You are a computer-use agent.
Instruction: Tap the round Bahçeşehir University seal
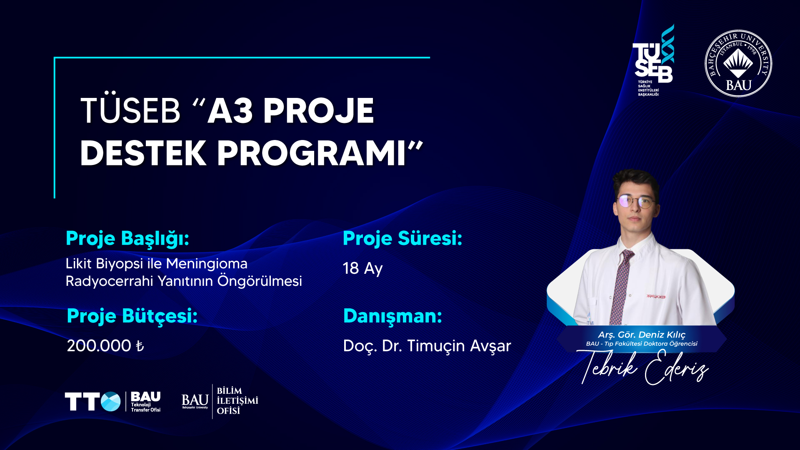tap(738, 63)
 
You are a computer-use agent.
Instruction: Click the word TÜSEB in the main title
tap(130, 110)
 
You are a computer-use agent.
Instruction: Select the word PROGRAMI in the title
tap(311, 153)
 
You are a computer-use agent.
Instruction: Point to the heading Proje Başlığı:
tap(127, 239)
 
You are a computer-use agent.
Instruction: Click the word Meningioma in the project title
tap(207, 264)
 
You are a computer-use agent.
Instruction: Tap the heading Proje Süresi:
tap(402, 239)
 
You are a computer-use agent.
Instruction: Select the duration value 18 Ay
tap(362, 268)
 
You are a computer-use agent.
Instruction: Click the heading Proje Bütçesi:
tap(132, 316)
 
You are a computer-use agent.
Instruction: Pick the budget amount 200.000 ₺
tap(105, 346)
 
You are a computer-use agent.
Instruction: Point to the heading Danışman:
tap(392, 316)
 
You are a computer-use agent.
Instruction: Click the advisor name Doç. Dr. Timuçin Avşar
tap(427, 346)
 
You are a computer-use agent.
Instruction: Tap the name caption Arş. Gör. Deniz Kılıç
tap(642, 335)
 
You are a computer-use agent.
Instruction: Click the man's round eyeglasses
tap(636, 202)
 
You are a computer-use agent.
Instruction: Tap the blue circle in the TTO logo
tap(110, 402)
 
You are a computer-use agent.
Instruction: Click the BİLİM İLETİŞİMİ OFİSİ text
tap(237, 401)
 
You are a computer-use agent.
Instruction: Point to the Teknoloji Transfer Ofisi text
tap(146, 407)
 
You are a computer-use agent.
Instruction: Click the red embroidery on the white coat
tap(656, 296)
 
